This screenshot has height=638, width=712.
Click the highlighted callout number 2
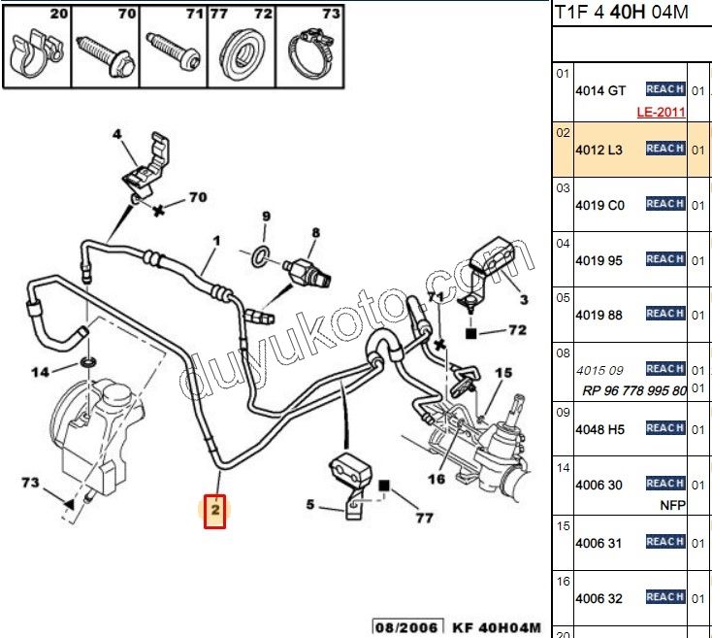[x=214, y=510]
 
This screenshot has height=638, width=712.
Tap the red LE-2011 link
[x=661, y=112]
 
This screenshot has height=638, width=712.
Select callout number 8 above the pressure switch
[x=314, y=232]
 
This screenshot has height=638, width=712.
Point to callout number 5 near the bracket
[x=310, y=504]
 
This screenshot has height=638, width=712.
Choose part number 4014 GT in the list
[x=600, y=90]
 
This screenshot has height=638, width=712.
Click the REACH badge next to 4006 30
[x=665, y=484]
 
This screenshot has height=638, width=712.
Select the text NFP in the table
[x=673, y=505]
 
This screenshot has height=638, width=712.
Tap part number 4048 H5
[x=601, y=428]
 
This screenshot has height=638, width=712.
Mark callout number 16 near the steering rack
[x=437, y=478]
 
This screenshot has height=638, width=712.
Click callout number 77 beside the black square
[x=423, y=518]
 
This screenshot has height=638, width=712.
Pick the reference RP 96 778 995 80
[x=634, y=390]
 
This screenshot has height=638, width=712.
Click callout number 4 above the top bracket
[x=117, y=135]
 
